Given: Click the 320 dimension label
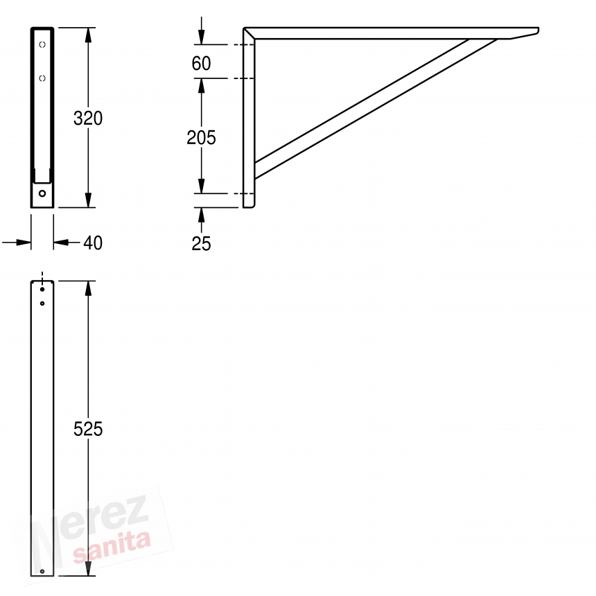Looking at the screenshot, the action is [88, 119].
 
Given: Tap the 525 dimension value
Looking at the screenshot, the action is [88, 429].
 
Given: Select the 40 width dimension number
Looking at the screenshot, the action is [93, 243].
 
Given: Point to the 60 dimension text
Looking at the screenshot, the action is [201, 63].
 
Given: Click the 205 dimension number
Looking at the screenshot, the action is [201, 138].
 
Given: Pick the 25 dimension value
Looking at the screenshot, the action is [201, 244].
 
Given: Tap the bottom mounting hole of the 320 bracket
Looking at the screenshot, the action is [42, 193].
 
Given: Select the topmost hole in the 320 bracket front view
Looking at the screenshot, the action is [42, 44].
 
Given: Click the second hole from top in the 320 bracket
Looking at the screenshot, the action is [42, 78].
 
